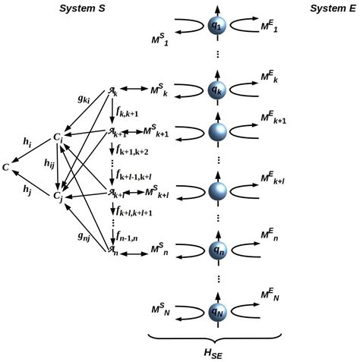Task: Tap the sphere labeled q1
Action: tap(218, 26)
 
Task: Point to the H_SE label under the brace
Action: tap(218, 354)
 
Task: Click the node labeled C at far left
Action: tap(8, 165)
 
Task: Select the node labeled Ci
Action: tap(58, 137)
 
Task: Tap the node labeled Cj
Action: tap(58, 196)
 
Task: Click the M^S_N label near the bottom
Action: tap(163, 310)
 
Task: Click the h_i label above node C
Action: tap(27, 142)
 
